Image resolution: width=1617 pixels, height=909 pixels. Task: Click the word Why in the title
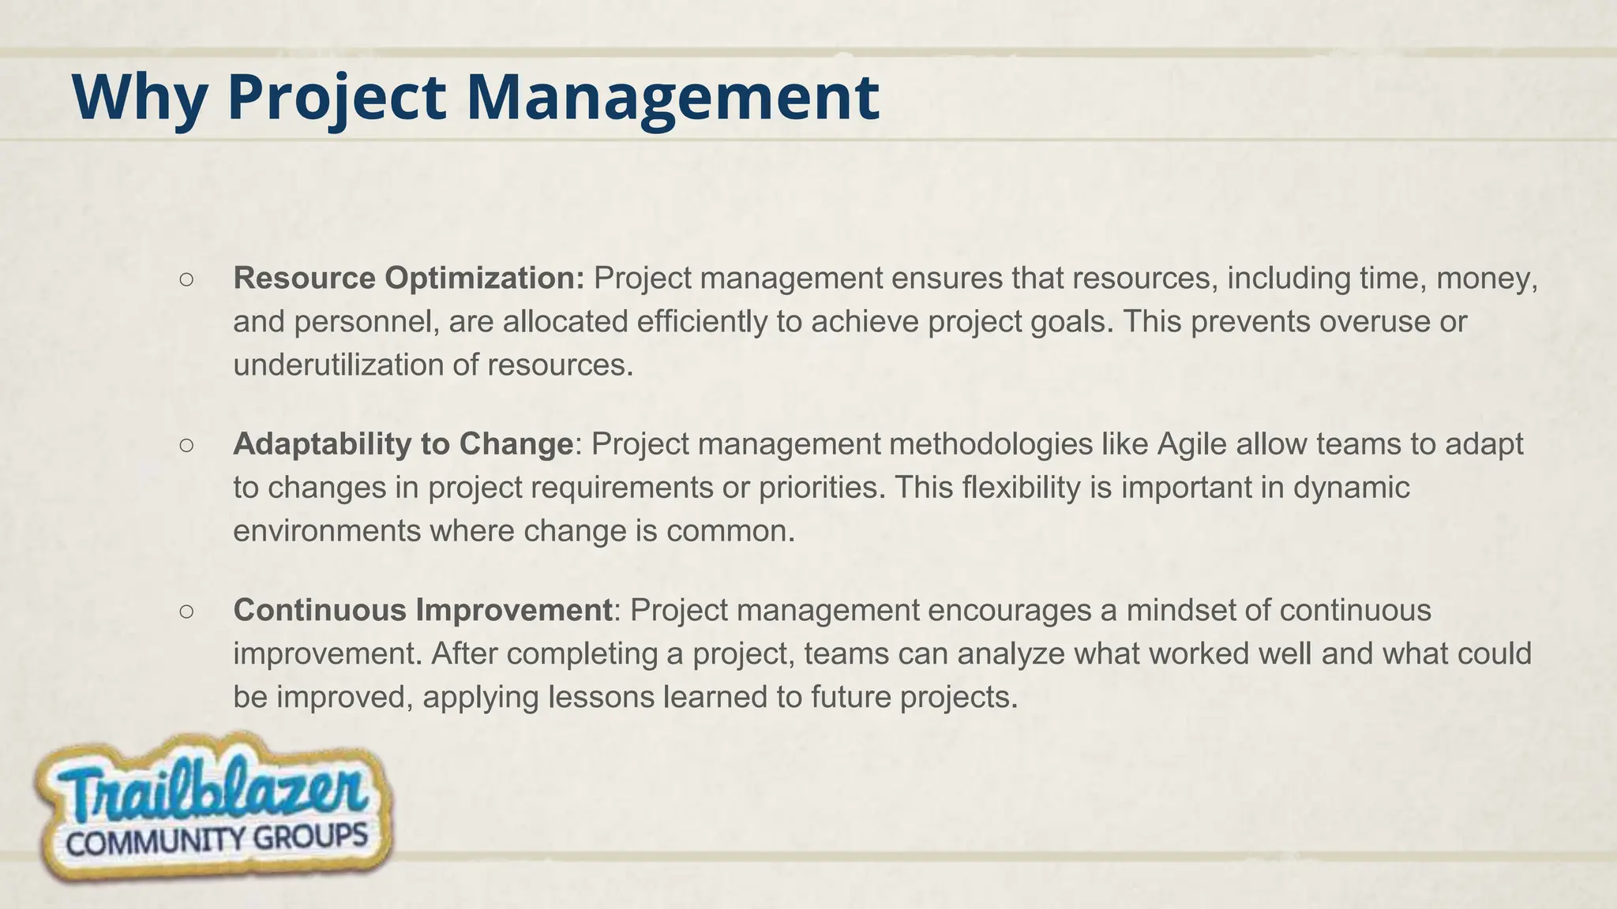pos(139,98)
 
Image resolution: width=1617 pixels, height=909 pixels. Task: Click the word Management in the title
pos(672,98)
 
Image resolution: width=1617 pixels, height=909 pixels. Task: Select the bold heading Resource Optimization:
pos(409,279)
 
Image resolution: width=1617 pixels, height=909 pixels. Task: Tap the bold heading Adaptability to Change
pos(403,444)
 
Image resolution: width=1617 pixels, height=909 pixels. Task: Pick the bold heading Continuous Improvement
pos(422,610)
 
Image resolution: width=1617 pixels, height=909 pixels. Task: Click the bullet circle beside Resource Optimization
pos(186,279)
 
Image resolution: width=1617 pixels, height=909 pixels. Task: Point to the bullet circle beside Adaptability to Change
pos(186,445)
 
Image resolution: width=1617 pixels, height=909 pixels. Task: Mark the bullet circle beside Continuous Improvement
pos(186,611)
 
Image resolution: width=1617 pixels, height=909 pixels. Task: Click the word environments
pos(327,531)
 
